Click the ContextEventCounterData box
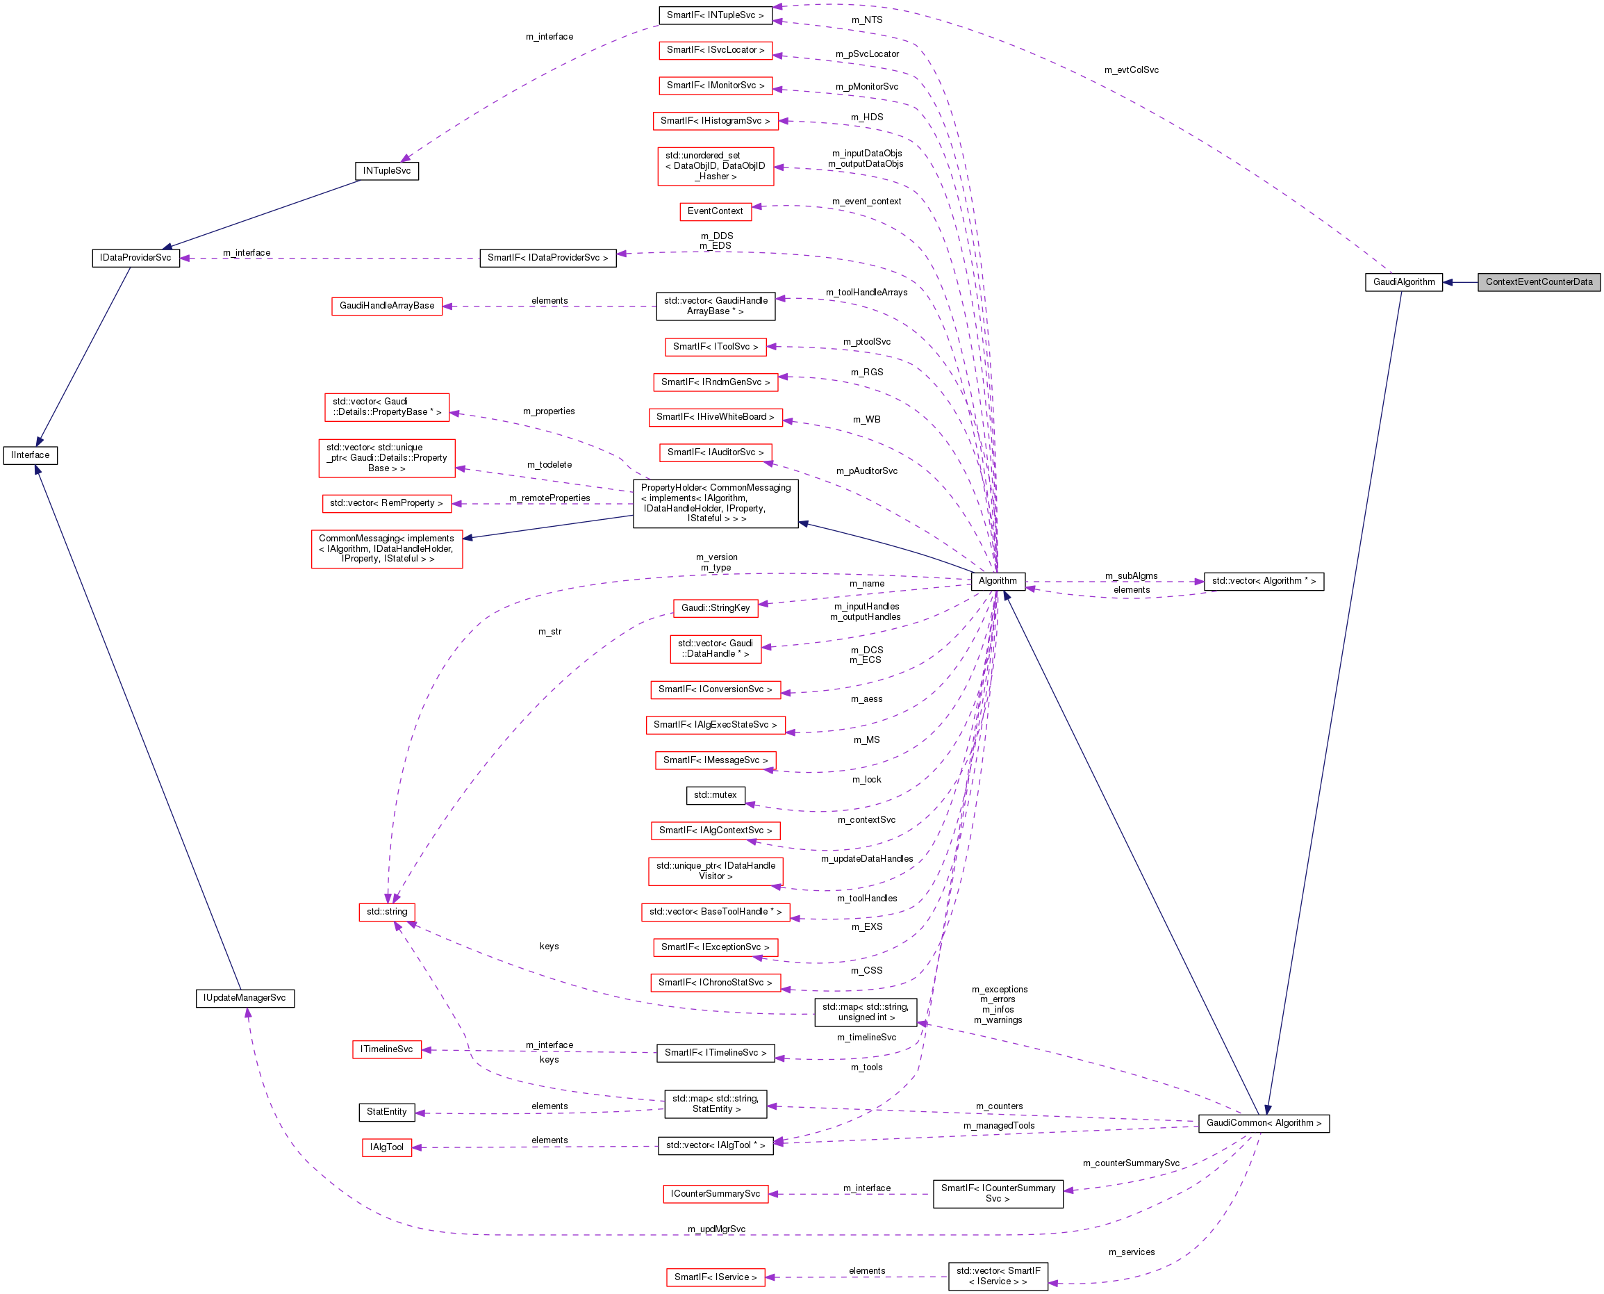coord(1539,281)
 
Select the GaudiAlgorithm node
coord(1404,281)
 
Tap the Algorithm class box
coord(998,581)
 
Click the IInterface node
coord(31,454)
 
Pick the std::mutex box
coord(716,795)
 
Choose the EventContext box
coord(716,211)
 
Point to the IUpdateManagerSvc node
coord(245,998)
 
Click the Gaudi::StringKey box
coord(716,608)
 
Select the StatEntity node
coord(387,1112)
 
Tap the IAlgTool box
coord(387,1147)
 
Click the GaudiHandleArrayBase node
coord(387,306)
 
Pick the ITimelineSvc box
coord(387,1049)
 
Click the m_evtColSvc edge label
coord(1131,70)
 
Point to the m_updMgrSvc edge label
coord(716,1229)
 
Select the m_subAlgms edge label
coord(1131,576)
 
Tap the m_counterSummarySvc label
coord(1131,1163)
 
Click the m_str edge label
coord(549,632)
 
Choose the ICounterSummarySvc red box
coord(716,1194)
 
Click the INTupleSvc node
coord(387,171)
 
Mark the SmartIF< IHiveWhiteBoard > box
coord(716,417)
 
